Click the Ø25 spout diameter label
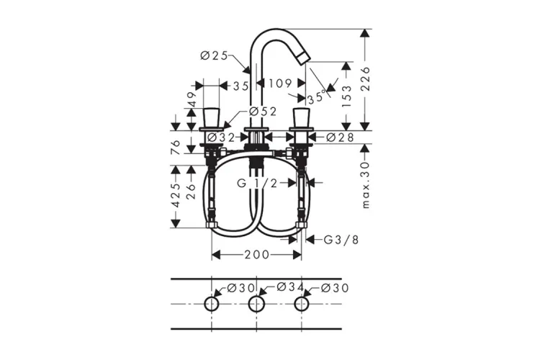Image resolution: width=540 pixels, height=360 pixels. [214, 55]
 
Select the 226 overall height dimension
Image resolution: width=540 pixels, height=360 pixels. [365, 79]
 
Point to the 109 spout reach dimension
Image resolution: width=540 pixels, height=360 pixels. [280, 83]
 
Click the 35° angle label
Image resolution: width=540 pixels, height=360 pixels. [317, 96]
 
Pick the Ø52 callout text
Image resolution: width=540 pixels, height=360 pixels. [262, 112]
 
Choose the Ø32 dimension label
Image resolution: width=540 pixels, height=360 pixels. [221, 138]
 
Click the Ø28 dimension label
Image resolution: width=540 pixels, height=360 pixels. [340, 138]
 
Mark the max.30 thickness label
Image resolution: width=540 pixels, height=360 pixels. [365, 185]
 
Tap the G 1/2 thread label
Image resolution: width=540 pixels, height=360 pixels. [257, 184]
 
